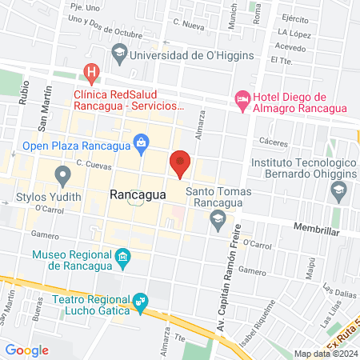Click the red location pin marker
coord(180,162)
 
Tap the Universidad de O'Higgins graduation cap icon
coord(119,54)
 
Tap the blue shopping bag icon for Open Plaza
coord(142,145)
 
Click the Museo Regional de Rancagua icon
coord(122,257)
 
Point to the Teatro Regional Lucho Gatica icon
coord(142,300)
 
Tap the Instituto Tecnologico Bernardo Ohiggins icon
coord(338,190)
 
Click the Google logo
coord(26,350)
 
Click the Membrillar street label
coord(318,230)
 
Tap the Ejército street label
coord(295,18)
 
